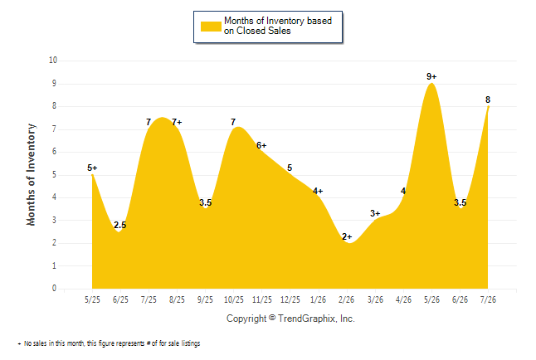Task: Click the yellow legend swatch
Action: [211, 27]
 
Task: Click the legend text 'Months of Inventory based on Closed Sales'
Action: [278, 26]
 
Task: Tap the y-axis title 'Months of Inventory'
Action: [31, 175]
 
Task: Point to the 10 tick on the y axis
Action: [53, 61]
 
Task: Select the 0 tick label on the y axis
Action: [55, 288]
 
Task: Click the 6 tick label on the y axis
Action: [55, 152]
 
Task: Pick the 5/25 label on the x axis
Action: [92, 299]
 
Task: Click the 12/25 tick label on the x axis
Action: [290, 299]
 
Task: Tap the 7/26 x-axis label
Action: [488, 299]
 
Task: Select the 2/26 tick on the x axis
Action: [347, 299]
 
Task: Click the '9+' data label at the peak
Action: [431, 76]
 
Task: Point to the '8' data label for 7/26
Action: [488, 100]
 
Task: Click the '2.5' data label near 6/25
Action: [120, 225]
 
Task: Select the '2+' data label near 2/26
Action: [347, 236]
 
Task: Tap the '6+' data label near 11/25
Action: [261, 145]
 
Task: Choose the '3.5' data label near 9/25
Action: [206, 202]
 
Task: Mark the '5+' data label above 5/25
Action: [92, 168]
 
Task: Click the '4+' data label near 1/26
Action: [318, 191]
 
